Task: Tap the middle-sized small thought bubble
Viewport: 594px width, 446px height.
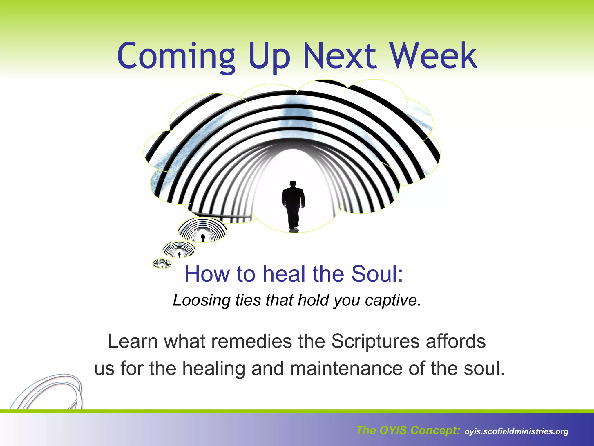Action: click(x=179, y=249)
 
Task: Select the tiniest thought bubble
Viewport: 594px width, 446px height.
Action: click(x=162, y=264)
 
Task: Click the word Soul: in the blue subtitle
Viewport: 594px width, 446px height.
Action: click(x=377, y=274)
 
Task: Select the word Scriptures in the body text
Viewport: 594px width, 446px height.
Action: click(x=375, y=341)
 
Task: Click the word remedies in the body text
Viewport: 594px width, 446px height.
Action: click(x=251, y=341)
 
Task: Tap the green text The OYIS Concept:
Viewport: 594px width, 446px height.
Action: click(x=408, y=430)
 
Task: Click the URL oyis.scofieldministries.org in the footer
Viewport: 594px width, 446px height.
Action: click(x=516, y=431)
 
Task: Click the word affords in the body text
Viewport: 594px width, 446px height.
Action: click(x=456, y=341)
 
